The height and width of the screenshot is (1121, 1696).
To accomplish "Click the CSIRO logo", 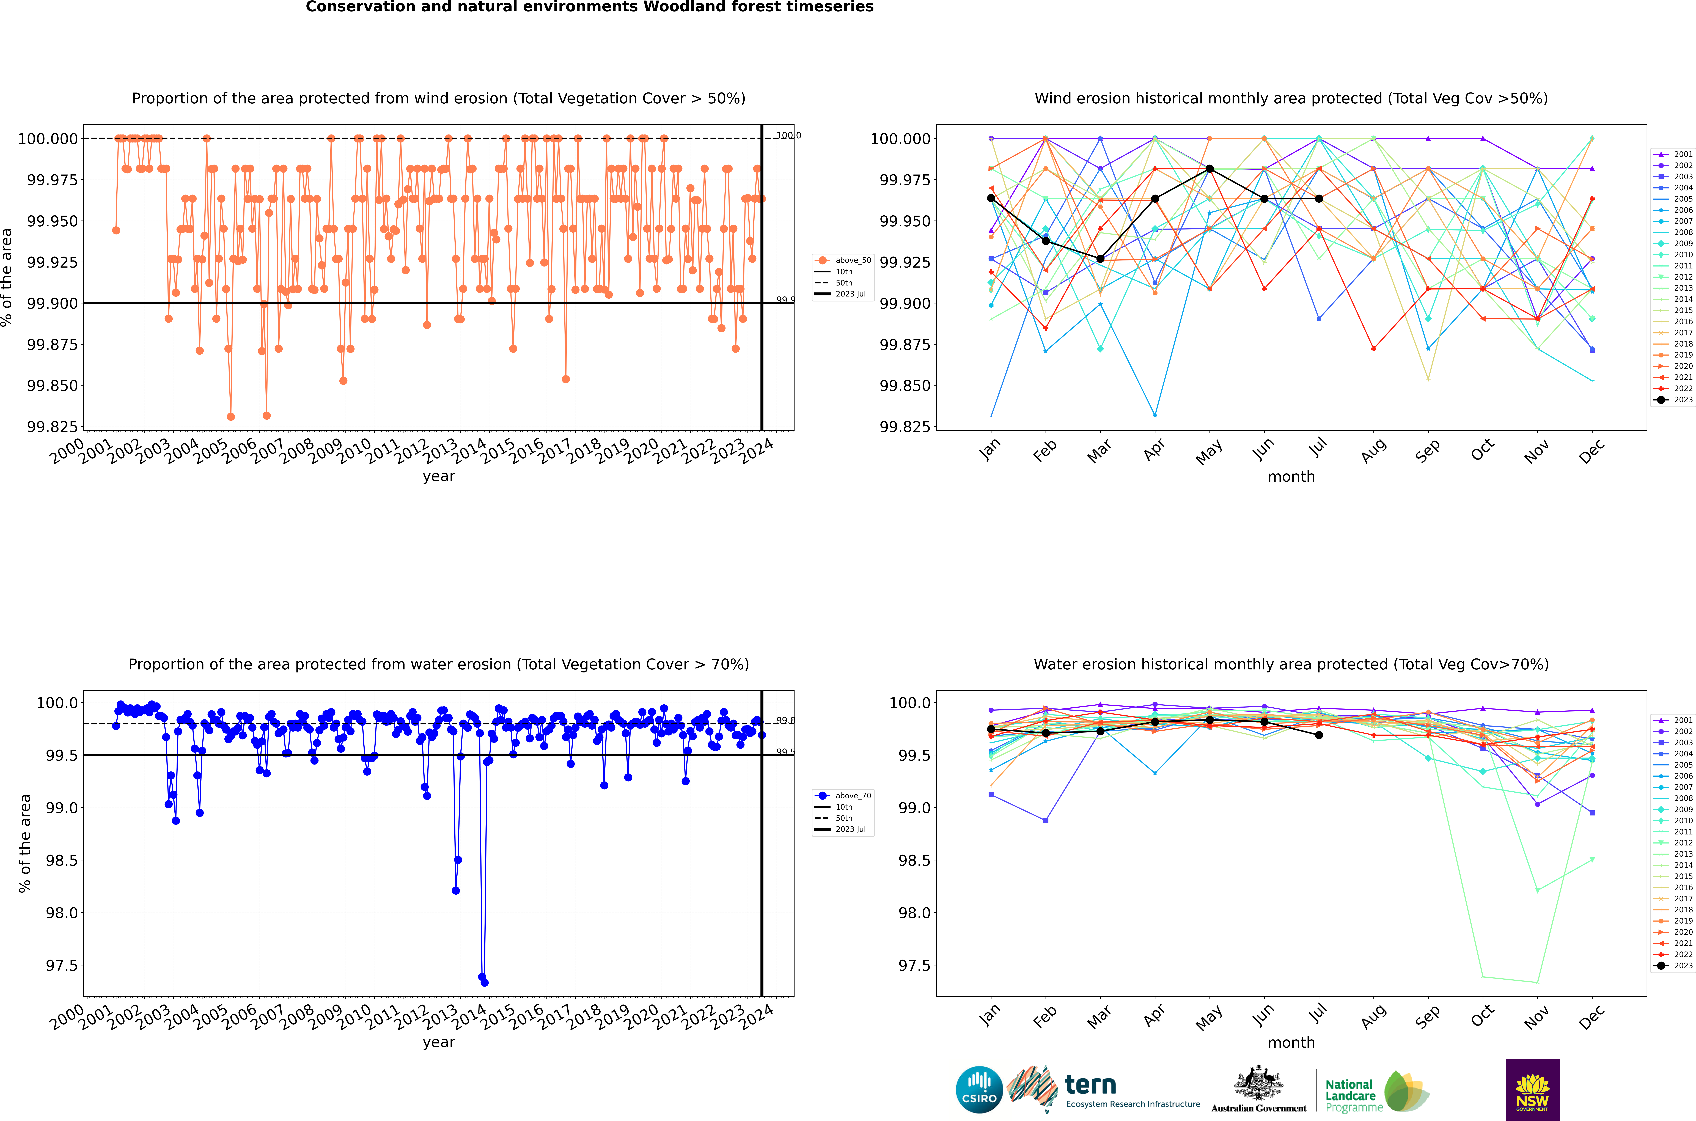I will pyautogui.click(x=979, y=1090).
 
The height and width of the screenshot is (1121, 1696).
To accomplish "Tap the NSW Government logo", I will pyautogui.click(x=1532, y=1090).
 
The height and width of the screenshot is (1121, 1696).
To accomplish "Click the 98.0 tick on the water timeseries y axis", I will pyautogui.click(x=61, y=913).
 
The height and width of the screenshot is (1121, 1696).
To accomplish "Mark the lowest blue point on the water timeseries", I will pyautogui.click(x=485, y=982).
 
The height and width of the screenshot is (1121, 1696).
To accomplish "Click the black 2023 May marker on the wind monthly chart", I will pyautogui.click(x=1209, y=169).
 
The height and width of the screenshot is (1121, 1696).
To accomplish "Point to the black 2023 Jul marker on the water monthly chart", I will pyautogui.click(x=1319, y=735).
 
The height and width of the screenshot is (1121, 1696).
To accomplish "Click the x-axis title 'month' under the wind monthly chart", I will pyautogui.click(x=1291, y=477).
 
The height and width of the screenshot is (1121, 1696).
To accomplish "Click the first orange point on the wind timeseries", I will pyautogui.click(x=116, y=230).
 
